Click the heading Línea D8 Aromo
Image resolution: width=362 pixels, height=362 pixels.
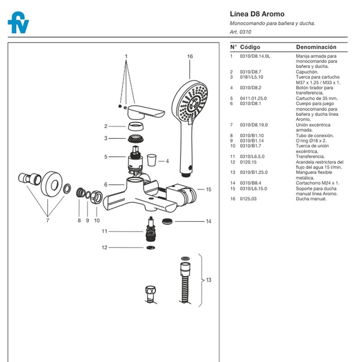(x=257, y=14)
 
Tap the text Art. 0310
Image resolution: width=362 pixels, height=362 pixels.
(x=240, y=32)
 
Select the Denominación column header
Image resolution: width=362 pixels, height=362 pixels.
(x=316, y=47)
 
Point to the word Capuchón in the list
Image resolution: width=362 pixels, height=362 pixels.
(x=307, y=71)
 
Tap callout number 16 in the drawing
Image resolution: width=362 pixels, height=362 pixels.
(x=190, y=57)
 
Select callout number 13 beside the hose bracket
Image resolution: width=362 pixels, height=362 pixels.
(x=209, y=280)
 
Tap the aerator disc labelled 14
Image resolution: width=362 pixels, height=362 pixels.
(x=167, y=221)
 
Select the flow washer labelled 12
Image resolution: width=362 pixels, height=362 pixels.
(x=150, y=248)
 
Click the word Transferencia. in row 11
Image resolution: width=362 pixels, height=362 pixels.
(x=310, y=157)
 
